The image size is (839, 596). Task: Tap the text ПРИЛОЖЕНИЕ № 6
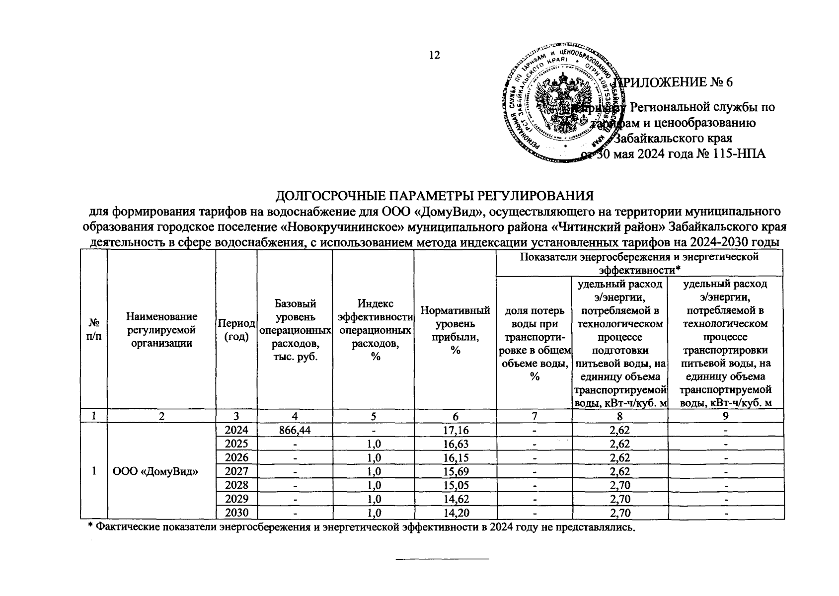(x=674, y=82)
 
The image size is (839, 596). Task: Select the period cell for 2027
(x=236, y=471)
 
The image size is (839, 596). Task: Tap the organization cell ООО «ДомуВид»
(x=156, y=471)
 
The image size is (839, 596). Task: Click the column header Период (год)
(x=236, y=329)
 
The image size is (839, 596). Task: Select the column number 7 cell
(x=534, y=416)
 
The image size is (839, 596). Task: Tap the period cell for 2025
(x=236, y=444)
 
